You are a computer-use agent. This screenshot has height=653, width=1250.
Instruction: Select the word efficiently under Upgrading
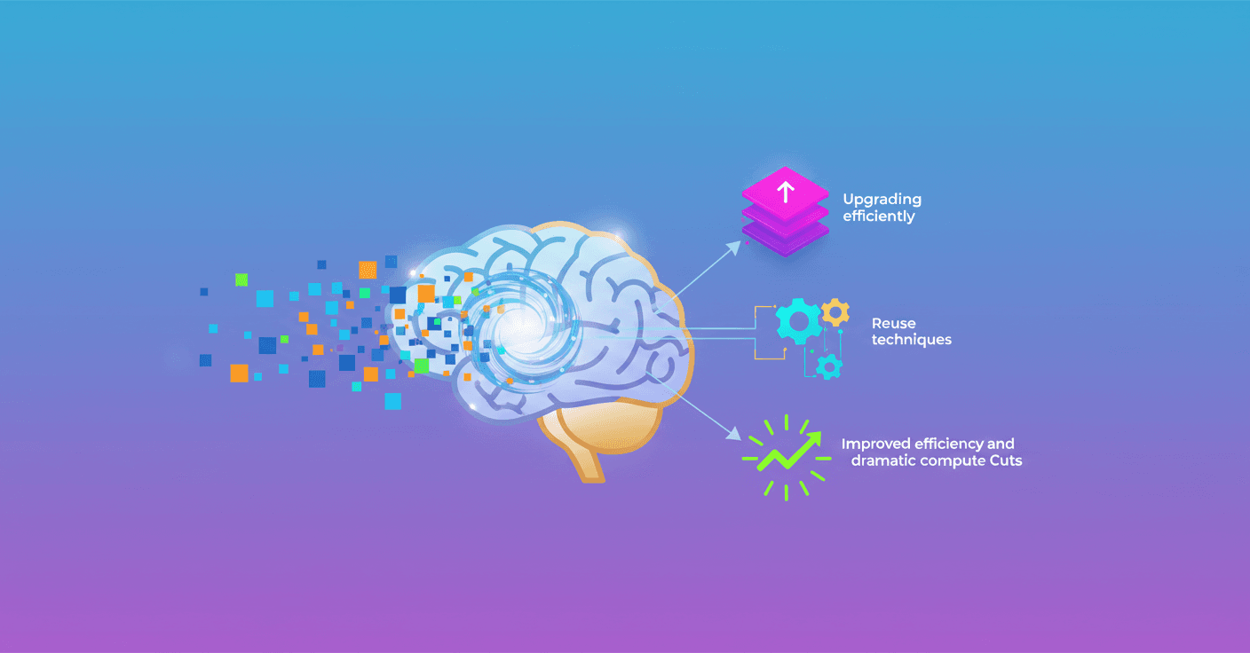879,216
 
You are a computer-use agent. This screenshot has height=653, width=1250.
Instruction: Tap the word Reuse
893,323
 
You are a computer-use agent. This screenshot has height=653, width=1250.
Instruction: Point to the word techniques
911,340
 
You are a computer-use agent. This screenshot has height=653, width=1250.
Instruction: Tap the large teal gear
798,321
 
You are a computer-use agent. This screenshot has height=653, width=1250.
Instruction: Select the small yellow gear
835,311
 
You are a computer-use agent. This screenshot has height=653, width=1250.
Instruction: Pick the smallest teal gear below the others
829,366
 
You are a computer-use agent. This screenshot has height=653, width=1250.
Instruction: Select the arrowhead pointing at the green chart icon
733,434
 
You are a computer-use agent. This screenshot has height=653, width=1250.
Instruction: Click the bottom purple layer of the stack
785,237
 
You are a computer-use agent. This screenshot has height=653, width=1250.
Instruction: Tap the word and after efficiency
1001,444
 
